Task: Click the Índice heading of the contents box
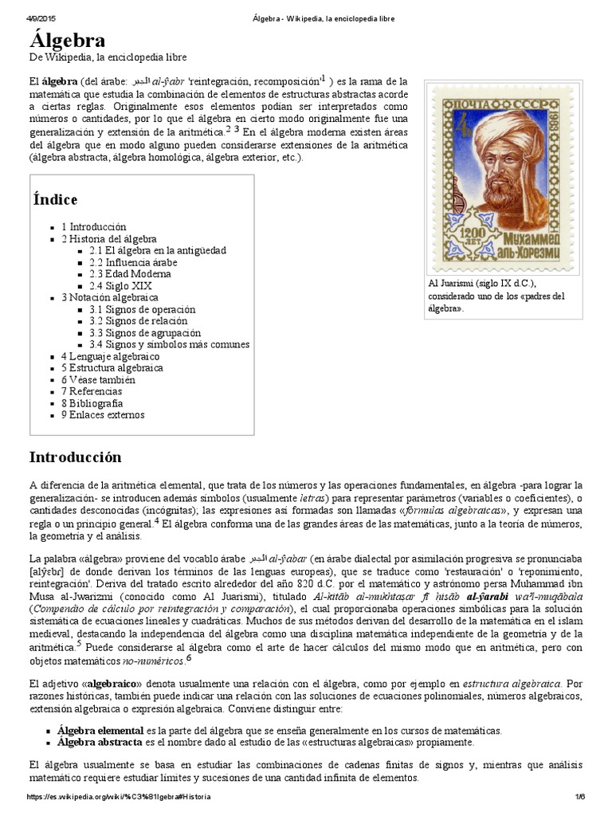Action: (x=55, y=199)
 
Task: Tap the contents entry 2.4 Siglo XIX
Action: (x=120, y=286)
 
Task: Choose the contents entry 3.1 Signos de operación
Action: (x=142, y=309)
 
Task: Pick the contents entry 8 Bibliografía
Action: (x=92, y=403)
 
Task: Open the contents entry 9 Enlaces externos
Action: (x=103, y=415)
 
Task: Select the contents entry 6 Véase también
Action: (x=98, y=380)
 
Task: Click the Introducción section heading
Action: (x=76, y=457)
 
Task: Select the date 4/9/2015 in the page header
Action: (x=24, y=18)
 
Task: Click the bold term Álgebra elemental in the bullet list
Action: (x=100, y=730)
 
